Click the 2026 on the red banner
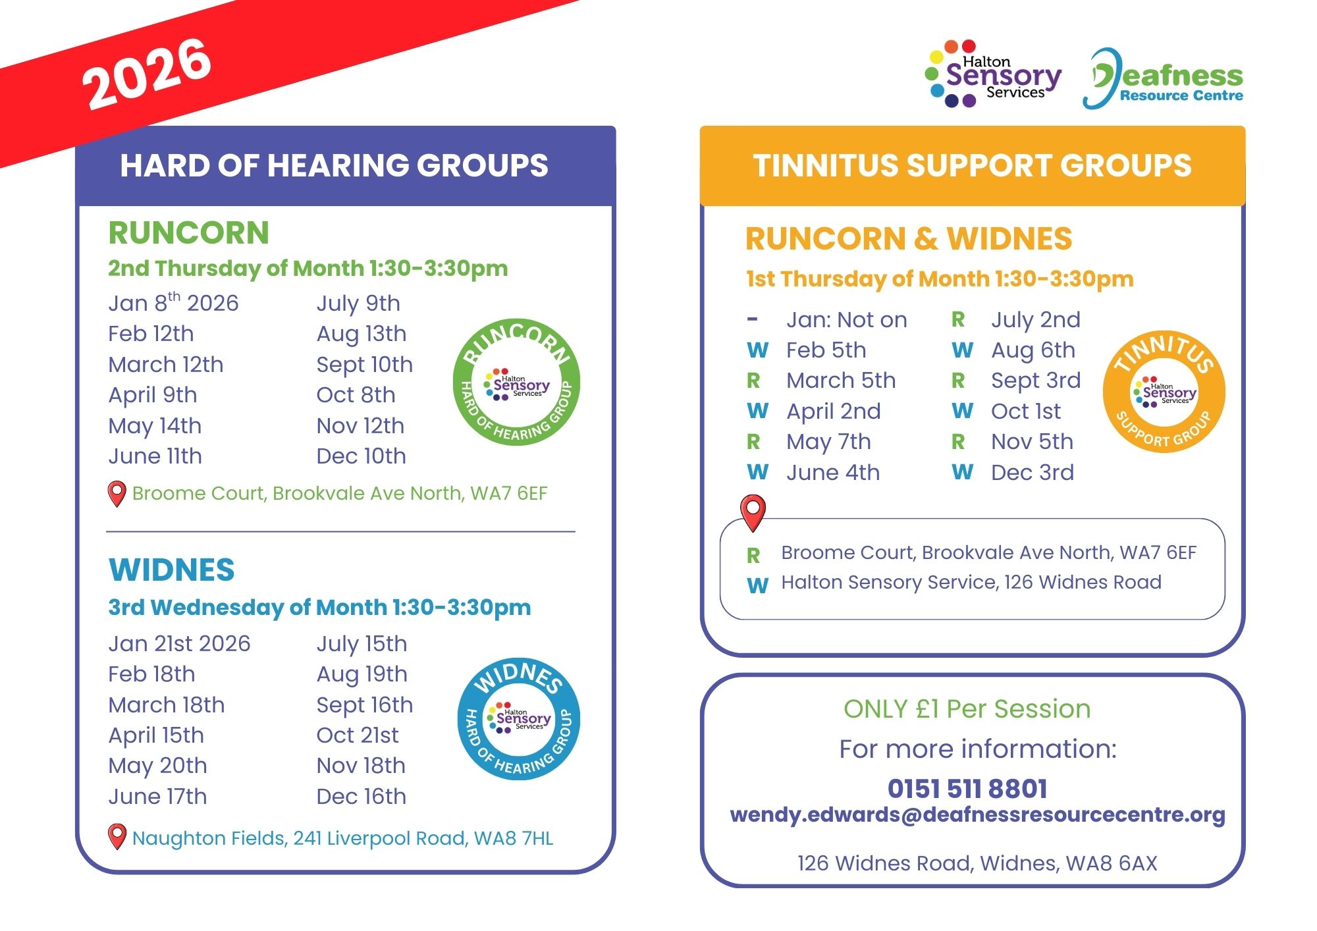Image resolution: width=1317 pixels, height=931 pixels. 146,73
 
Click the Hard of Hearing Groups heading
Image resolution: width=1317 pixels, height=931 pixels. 334,165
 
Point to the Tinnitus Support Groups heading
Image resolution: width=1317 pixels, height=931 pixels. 972,165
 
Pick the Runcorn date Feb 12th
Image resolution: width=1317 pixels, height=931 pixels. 151,334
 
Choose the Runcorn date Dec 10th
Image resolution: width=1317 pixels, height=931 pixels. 361,456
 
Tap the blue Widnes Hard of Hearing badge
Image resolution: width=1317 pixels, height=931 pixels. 519,719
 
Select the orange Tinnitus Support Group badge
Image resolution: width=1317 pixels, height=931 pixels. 1164,392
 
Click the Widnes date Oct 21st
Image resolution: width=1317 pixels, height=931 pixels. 358,735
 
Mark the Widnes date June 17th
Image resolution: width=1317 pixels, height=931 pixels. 157,797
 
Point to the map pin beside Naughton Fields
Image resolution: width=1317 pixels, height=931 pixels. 117,836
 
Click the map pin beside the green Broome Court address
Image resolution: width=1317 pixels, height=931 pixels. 117,493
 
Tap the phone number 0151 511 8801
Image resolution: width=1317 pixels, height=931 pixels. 967,788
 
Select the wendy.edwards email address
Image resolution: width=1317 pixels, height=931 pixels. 977,814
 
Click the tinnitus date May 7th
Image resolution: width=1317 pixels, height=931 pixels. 828,442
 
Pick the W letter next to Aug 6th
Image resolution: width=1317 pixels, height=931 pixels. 962,350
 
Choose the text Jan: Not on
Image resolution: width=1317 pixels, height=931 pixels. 846,320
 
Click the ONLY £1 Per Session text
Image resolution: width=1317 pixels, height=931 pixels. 967,709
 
